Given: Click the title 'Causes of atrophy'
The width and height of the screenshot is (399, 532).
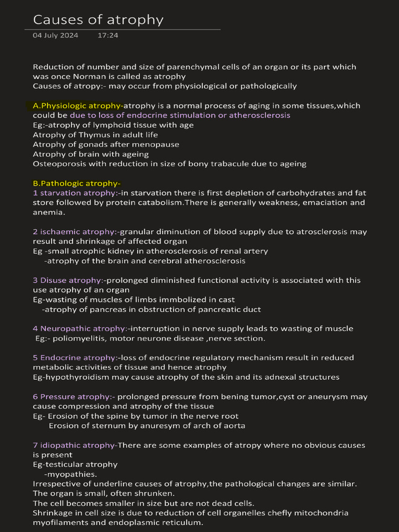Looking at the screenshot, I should coord(98,20).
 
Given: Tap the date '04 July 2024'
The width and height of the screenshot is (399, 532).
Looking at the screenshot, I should coord(56,35).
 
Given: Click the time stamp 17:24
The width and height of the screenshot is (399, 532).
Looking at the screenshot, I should coord(108,35).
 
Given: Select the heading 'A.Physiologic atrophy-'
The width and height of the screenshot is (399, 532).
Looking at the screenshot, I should coord(78,105).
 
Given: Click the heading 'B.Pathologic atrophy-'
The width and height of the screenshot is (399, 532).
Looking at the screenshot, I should coord(76,183).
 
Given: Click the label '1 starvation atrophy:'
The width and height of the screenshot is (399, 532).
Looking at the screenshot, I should coord(75,193).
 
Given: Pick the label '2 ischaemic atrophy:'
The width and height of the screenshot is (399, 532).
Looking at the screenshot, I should coord(75,232).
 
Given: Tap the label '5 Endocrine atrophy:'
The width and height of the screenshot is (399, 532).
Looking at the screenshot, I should coord(75,357).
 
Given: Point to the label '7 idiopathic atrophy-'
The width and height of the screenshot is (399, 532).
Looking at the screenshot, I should coord(75,445).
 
